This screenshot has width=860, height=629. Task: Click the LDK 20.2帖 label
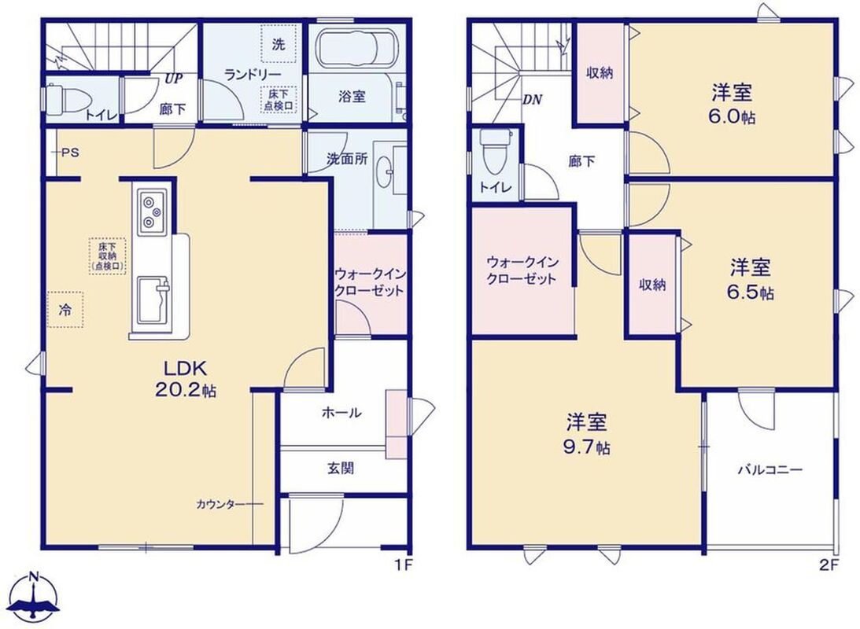pos(185,378)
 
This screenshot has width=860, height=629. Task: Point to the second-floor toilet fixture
pos(495,152)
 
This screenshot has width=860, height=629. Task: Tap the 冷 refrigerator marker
pos(65,310)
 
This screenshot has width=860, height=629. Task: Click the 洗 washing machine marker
pos(279,45)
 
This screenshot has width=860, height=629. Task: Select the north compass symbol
pos(35,599)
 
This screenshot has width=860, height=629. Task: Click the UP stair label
pos(173,79)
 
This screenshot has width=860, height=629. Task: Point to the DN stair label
pos(532,100)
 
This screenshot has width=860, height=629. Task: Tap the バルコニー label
pos(770,469)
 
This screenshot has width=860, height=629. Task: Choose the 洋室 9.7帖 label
pos(586,435)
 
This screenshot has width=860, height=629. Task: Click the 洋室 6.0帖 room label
pos(733,104)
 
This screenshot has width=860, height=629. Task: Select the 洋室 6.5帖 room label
pos(751,280)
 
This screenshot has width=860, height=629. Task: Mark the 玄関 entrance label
pos(341,469)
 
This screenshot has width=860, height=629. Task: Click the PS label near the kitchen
pos(70,153)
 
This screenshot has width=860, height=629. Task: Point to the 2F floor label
pos(829,565)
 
